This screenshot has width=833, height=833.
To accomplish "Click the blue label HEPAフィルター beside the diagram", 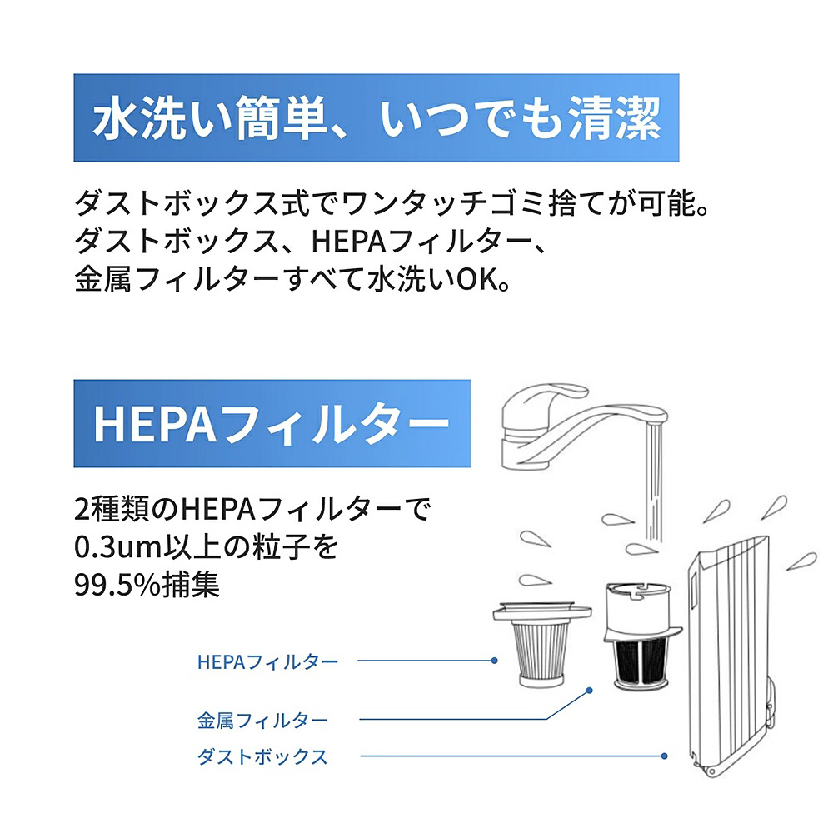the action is pos(267,661).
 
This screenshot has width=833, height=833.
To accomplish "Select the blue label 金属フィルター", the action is pos(262,721).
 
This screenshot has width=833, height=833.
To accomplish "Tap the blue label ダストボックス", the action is pos(262,756).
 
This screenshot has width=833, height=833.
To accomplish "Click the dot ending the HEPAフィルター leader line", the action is pos(495,661).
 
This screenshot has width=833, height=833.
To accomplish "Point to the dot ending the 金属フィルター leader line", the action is pos(589,691).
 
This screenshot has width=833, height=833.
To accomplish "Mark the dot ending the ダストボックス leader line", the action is pos(665,756).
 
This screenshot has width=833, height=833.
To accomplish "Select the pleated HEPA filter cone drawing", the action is pos(541,645).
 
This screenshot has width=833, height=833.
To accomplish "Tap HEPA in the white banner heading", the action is pos(155,424).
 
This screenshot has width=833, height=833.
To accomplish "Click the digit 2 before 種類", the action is pos(82,510).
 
